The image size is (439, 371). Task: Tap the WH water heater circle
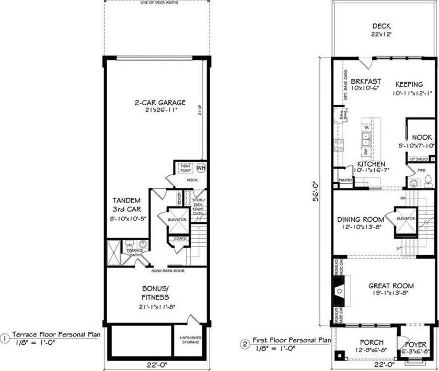201,168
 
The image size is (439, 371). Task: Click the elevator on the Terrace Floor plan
177,219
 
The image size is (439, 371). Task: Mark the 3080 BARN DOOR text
167,271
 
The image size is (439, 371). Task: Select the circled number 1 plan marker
5,338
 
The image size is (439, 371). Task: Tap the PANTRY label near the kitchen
345,181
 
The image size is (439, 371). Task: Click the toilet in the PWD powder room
428,181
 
